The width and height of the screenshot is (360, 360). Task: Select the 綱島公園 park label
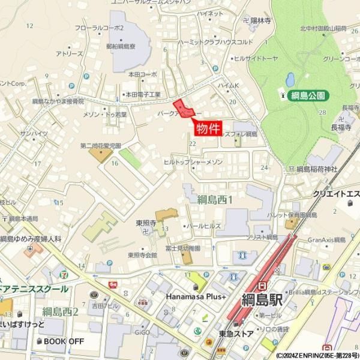pos(308,95)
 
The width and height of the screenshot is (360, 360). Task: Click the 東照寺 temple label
pos(145,223)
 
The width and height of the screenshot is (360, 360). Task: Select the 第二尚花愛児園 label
pos(101,145)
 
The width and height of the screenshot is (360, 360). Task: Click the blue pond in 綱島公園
pos(290,79)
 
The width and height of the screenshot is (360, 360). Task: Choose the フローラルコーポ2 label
pos(99,28)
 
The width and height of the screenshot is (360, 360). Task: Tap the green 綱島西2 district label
pos(61,311)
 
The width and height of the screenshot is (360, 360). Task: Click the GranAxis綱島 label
pos(326,239)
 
